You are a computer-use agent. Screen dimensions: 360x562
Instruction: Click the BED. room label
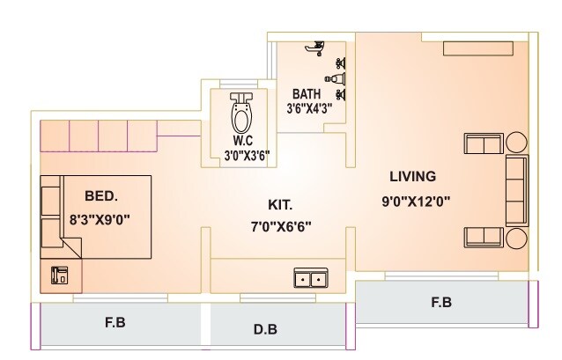click(x=103, y=195)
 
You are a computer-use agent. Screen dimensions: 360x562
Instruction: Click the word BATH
click(x=307, y=93)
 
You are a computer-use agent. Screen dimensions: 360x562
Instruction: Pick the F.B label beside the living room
click(x=440, y=303)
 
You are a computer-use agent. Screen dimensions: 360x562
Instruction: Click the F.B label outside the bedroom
click(x=115, y=322)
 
